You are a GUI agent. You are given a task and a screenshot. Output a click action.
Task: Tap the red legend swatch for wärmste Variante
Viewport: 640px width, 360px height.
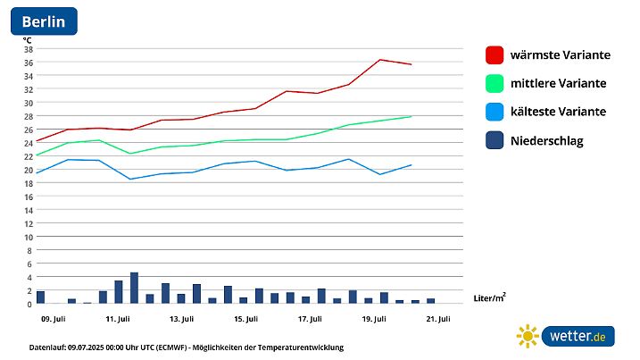pos(495,55)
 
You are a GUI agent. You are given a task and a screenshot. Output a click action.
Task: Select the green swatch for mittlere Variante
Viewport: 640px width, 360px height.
pos(495,84)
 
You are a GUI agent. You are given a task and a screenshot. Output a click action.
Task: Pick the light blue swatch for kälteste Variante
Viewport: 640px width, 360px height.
pos(495,113)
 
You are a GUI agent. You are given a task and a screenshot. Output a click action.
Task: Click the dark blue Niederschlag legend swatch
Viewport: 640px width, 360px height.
pos(495,141)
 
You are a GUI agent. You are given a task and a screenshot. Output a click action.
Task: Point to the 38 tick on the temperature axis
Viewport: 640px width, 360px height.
pos(28,48)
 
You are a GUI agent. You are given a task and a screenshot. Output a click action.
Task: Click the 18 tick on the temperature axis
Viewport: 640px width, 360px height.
pos(28,183)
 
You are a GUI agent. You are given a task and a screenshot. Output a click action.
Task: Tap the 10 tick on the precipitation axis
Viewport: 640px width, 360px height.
pos(28,237)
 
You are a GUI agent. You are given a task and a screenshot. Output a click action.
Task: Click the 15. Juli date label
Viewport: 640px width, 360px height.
pos(245,318)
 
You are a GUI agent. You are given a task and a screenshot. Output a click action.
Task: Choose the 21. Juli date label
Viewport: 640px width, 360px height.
pos(437,318)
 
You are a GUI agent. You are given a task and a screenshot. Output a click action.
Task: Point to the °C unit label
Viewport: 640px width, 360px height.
pos(28,39)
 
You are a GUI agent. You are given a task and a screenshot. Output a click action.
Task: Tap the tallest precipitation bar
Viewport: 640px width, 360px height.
pos(134,288)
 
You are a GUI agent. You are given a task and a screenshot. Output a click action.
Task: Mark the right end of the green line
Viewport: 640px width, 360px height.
pos(411,116)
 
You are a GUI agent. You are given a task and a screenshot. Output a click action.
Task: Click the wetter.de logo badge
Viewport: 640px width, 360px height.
pos(578,336)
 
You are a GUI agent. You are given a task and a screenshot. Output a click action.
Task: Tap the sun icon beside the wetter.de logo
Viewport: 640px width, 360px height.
pos(528,336)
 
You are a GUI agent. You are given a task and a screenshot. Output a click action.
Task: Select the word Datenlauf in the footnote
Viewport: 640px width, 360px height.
pos(47,347)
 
